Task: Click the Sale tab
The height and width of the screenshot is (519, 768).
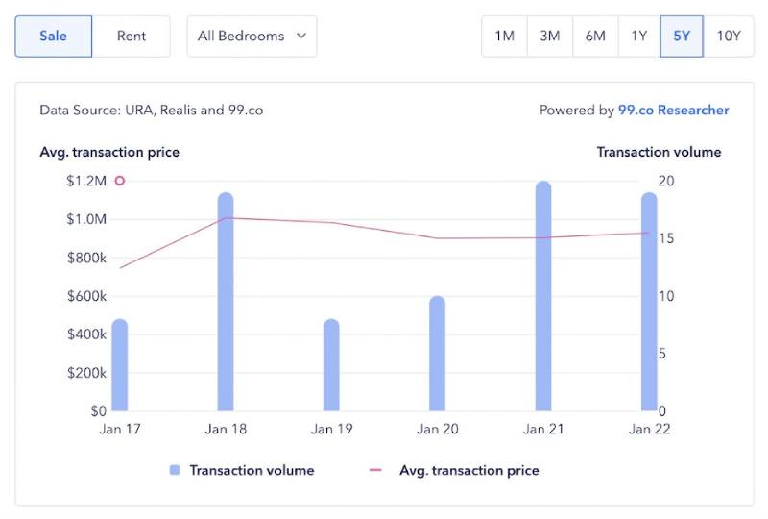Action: pos(54,37)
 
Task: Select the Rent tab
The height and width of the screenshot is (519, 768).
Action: pos(132,37)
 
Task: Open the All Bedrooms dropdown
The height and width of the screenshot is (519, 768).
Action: pos(252,37)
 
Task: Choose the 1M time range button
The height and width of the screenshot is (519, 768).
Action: pos(504,37)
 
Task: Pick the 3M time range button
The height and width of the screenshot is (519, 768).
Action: pos(549,37)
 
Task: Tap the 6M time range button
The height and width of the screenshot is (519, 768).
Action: pos(595,37)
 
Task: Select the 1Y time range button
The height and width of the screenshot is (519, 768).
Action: pos(638,37)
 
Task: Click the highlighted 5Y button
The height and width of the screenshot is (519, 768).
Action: pos(682,37)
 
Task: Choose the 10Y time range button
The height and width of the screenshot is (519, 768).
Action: pos(729,37)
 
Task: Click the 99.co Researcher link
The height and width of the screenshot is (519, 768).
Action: pos(673,111)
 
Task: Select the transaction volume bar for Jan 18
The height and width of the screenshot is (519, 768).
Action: pos(226,303)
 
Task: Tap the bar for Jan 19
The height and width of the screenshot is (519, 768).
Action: pos(331,365)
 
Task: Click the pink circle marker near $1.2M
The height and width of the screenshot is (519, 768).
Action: pos(120,181)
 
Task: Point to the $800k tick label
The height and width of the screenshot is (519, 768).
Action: pos(86,258)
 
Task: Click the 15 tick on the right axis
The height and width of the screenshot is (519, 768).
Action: pos(665,238)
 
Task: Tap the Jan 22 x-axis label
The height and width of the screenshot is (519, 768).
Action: pos(648,429)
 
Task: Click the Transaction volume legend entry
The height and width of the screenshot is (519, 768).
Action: pos(242,471)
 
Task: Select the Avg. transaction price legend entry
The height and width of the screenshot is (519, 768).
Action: pos(455,471)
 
